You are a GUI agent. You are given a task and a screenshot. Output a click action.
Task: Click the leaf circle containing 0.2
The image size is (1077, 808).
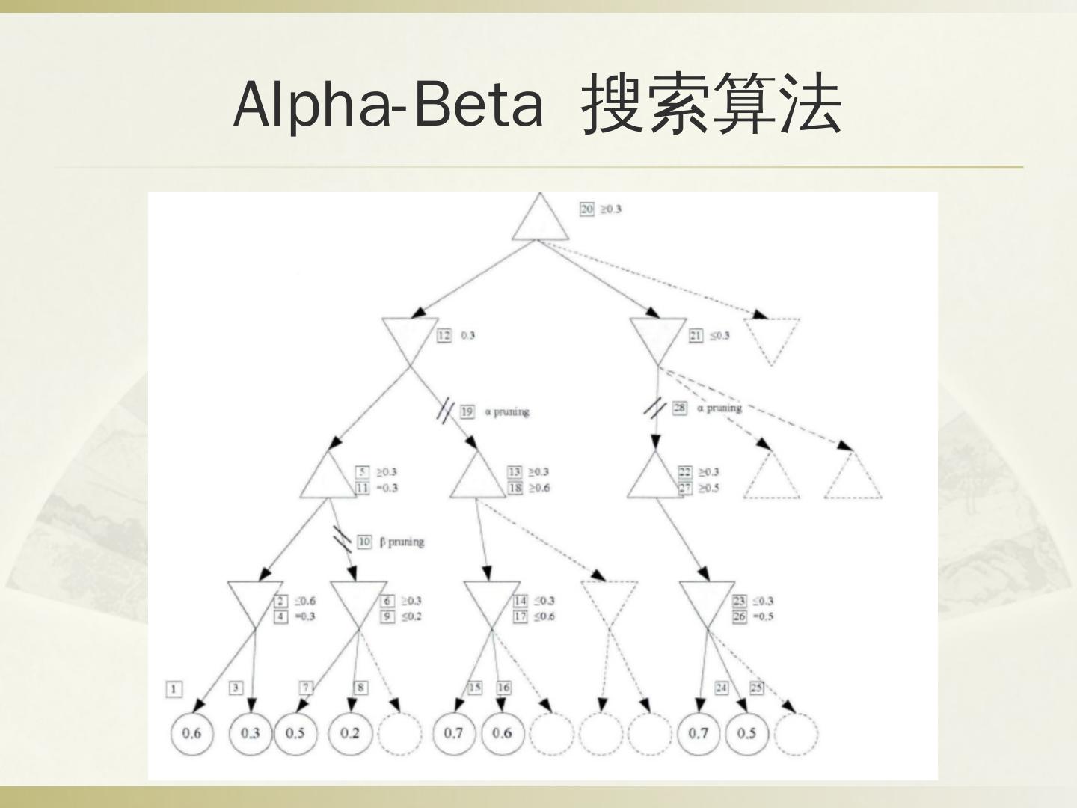(x=349, y=732)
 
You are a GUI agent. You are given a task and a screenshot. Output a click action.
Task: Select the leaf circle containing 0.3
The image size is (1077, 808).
(x=250, y=732)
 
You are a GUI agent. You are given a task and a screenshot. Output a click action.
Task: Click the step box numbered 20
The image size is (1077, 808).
(x=587, y=209)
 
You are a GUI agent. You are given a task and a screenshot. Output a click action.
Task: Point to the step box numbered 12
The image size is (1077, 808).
(x=444, y=335)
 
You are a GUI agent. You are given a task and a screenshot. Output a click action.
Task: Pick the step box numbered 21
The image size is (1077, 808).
(x=696, y=335)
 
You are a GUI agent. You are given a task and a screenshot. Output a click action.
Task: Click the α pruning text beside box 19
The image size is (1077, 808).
(x=506, y=411)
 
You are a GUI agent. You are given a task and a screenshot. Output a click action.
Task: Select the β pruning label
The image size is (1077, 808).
(x=402, y=542)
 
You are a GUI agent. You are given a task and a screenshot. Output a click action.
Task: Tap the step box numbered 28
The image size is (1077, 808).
(x=679, y=408)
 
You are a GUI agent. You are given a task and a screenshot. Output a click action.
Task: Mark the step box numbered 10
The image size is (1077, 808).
(x=364, y=542)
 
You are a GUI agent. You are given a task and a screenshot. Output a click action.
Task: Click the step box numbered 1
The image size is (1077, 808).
(x=174, y=689)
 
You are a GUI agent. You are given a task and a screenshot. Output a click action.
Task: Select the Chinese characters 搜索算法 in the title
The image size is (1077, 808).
(x=711, y=104)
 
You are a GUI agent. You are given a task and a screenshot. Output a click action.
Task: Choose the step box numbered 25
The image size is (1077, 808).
(x=756, y=687)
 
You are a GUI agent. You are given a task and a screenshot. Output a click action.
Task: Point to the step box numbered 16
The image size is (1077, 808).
(x=503, y=687)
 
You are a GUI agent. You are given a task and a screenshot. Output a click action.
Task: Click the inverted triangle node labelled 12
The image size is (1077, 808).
(x=408, y=338)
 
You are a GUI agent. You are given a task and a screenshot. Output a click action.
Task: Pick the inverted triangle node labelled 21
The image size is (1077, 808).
(x=657, y=338)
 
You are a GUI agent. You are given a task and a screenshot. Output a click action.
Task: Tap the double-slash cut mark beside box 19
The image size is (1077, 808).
(x=446, y=411)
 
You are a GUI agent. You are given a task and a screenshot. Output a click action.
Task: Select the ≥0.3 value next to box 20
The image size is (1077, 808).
(x=610, y=209)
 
